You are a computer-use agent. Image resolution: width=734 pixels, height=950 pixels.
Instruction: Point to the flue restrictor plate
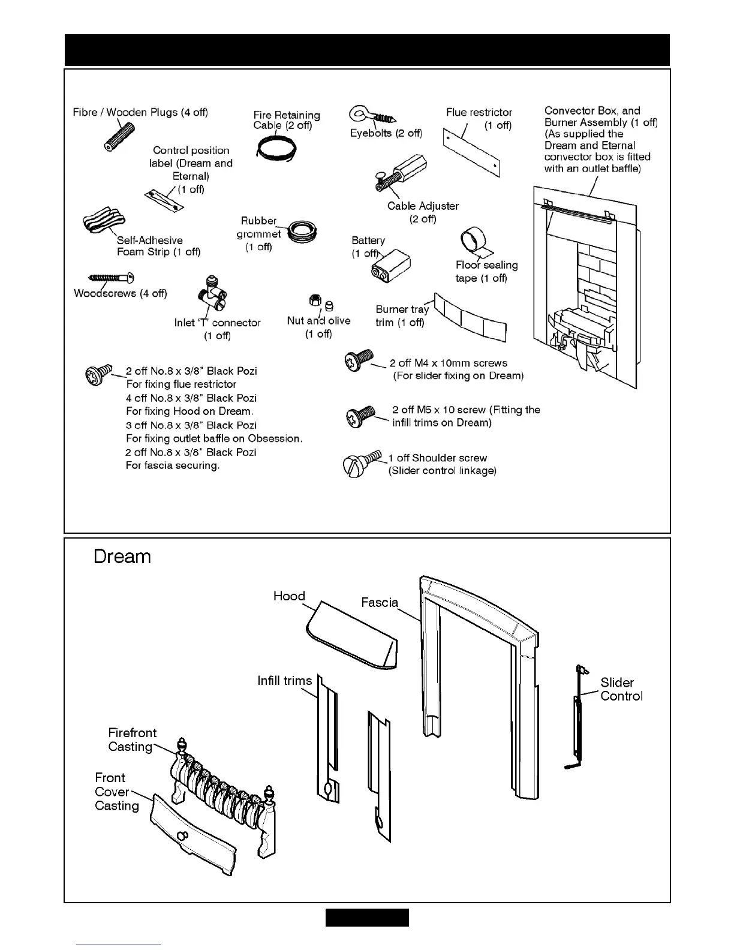click(x=471, y=152)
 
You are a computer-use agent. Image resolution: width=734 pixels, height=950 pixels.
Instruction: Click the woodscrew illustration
click(x=112, y=278)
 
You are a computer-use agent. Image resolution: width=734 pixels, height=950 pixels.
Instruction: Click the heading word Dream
click(x=122, y=557)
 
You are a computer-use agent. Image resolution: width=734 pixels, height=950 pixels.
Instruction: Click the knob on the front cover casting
click(x=183, y=837)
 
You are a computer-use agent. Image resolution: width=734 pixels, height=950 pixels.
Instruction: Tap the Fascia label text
click(x=380, y=602)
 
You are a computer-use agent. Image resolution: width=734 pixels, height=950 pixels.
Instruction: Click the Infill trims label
click(x=284, y=681)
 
